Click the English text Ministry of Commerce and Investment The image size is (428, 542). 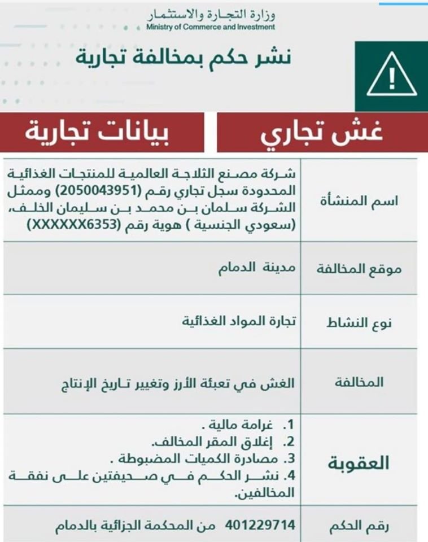210,27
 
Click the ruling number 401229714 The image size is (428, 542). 260,526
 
